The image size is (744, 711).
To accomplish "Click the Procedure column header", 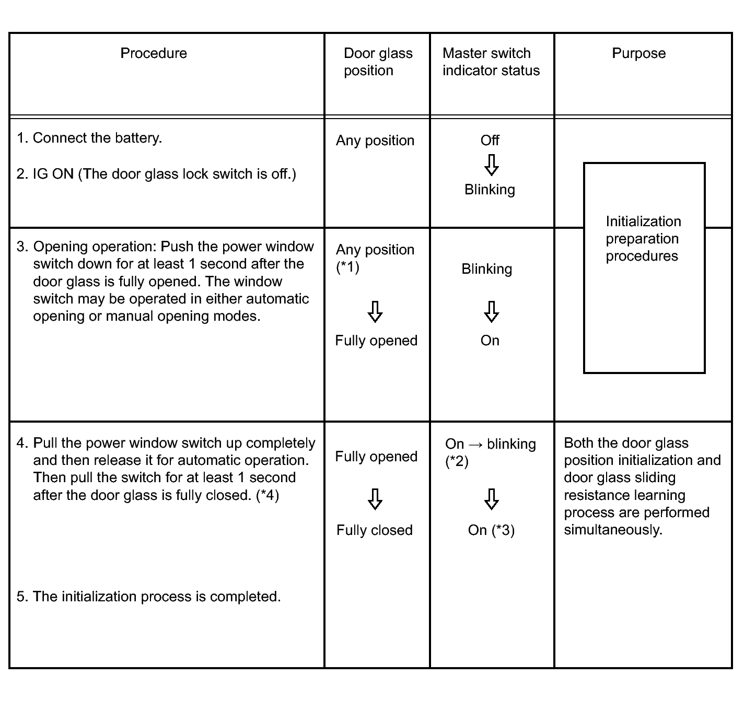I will [154, 53].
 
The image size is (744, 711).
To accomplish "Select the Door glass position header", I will [378, 62].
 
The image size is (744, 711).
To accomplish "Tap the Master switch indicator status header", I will [491, 62].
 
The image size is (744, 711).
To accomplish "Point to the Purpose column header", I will [638, 53].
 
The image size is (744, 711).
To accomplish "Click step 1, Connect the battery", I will [89, 138].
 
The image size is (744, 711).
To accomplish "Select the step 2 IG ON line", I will [156, 174].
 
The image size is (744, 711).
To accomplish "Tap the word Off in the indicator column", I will [490, 140].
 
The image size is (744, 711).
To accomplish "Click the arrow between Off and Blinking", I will [491, 165].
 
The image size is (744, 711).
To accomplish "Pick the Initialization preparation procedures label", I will [643, 239].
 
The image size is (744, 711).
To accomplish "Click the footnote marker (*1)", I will [347, 267].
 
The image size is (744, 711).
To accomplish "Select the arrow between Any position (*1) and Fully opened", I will [375, 312].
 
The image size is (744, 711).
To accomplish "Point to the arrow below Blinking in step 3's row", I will [491, 312].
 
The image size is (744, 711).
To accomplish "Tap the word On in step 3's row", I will [490, 341].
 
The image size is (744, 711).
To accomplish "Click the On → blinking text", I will [490, 444].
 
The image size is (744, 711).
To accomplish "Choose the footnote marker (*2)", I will [457, 461].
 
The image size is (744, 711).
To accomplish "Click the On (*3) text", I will [491, 530].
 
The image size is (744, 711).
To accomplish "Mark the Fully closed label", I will [375, 530].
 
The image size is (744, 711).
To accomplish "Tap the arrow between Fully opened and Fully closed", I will [375, 499].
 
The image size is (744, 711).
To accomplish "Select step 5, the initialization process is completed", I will [149, 597].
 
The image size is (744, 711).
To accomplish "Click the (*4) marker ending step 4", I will [268, 495].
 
